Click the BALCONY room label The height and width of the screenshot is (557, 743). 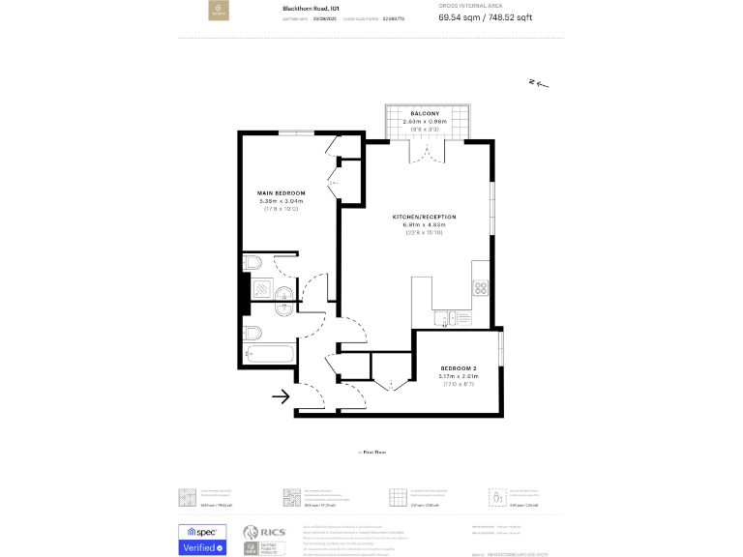424,114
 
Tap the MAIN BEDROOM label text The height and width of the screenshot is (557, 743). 282,193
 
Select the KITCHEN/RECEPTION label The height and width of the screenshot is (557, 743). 424,217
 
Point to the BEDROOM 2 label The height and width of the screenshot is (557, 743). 459,368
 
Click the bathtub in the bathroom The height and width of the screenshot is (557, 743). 270,354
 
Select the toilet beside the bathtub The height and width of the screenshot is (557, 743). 253,332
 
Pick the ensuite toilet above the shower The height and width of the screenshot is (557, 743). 252,263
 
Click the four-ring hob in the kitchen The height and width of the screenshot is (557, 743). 482,287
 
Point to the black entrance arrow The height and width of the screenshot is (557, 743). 282,396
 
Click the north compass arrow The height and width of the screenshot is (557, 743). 539,84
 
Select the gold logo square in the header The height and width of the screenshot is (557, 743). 220,13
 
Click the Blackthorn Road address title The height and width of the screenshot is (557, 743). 310,8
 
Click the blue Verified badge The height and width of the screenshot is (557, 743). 202,547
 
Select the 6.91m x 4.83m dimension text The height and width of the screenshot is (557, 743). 424,225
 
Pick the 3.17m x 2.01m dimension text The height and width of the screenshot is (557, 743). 459,377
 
